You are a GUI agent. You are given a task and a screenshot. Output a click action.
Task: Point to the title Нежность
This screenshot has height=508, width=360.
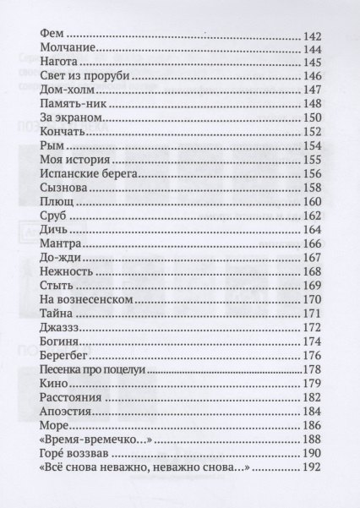[x=67, y=270]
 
